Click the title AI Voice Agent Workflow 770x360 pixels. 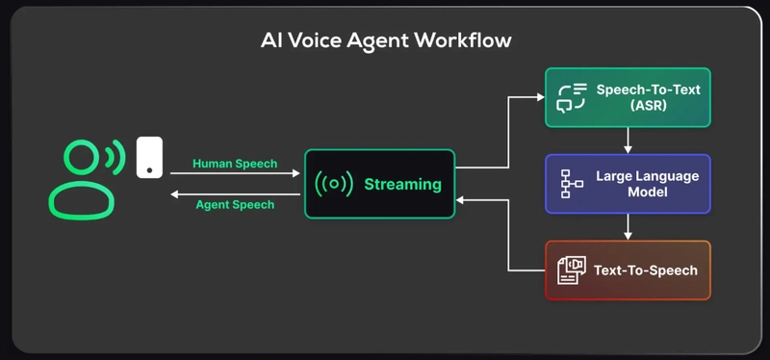386,40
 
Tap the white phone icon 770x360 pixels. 149,157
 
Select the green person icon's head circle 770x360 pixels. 82,156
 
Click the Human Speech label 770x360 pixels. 235,164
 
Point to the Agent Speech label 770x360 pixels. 235,204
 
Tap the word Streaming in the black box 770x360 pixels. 402,184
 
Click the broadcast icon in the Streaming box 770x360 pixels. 334,184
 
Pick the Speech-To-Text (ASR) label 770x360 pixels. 648,97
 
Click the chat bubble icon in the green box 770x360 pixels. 572,97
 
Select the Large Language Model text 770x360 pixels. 647,184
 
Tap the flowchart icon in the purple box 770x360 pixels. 572,184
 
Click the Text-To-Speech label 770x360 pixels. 645,270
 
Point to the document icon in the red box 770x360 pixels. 572,270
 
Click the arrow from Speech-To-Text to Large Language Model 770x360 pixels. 628,141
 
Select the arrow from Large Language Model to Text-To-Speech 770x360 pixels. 628,227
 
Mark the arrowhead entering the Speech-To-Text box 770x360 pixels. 540,97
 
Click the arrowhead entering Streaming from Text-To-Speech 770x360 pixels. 461,201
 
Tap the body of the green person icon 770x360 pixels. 81,201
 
